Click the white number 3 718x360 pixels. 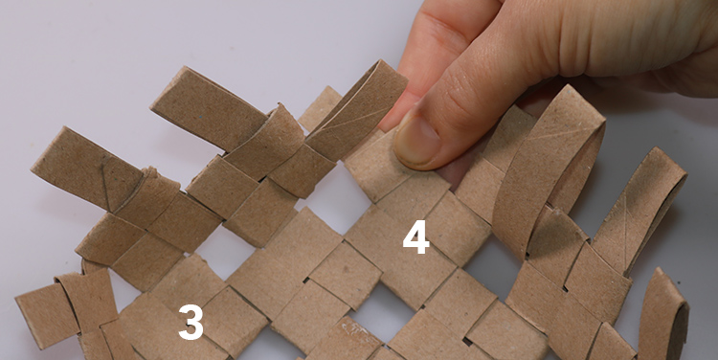[191, 323]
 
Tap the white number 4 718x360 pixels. [415, 236]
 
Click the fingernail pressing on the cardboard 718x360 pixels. [415, 141]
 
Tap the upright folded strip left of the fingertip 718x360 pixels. [356, 110]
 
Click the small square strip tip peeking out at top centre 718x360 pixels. [321, 108]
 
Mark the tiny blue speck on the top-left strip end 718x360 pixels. [200, 117]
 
